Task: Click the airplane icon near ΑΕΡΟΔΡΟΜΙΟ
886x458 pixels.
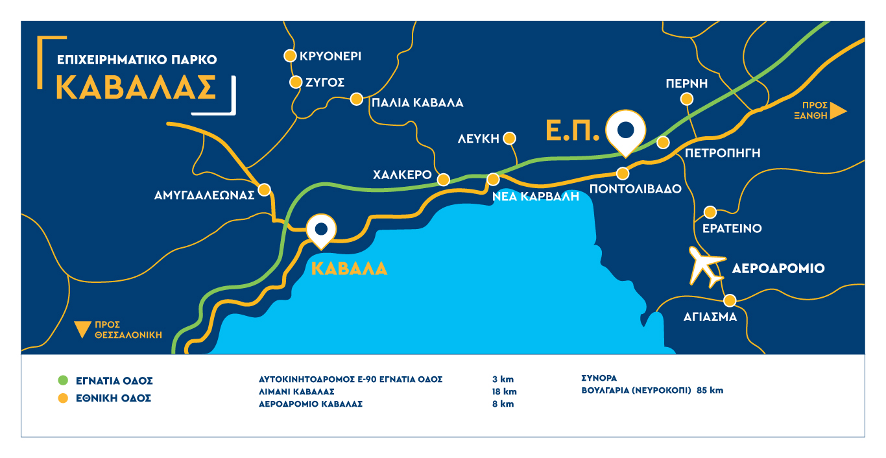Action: point(706,267)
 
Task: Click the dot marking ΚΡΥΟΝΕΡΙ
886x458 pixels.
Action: point(291,56)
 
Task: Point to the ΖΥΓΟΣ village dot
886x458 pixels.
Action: point(295,82)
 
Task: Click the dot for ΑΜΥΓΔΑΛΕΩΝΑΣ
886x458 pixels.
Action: point(264,190)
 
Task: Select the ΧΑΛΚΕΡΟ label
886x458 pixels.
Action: point(403,175)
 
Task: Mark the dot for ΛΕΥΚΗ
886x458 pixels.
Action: point(509,138)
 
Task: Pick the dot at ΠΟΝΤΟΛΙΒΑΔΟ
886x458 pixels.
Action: point(623,173)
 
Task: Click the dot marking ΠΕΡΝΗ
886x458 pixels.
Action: point(686,99)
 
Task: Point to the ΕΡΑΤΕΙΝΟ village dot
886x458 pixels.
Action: point(710,212)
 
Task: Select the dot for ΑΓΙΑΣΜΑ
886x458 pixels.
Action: point(730,300)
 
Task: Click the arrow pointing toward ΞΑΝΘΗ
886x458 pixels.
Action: point(838,110)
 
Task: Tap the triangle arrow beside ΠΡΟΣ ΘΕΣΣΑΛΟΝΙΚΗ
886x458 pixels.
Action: point(82,330)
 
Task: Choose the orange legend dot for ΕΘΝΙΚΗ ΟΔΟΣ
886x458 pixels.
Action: point(63,398)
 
